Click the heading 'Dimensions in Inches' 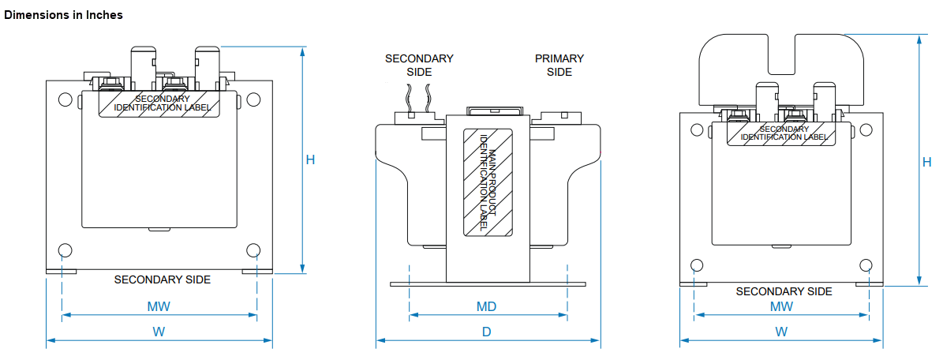pyautogui.click(x=63, y=15)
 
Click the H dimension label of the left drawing pyautogui.click(x=310, y=159)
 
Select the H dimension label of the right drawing pyautogui.click(x=926, y=161)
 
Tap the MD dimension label pyautogui.click(x=487, y=306)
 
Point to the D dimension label pyautogui.click(x=487, y=331)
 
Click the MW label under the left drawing pyautogui.click(x=159, y=306)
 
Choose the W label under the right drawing pyautogui.click(x=780, y=331)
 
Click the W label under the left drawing pyautogui.click(x=159, y=331)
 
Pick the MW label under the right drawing pyautogui.click(x=781, y=306)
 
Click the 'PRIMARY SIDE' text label pyautogui.click(x=559, y=65)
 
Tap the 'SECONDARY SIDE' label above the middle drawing pyautogui.click(x=419, y=65)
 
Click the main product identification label pyautogui.click(x=487, y=182)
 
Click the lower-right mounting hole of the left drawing pyautogui.click(x=253, y=249)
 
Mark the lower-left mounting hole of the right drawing pyautogui.click(x=697, y=265)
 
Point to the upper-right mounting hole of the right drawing pyautogui.click(x=866, y=129)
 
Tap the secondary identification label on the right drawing pyautogui.click(x=784, y=133)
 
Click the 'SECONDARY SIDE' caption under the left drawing pyautogui.click(x=163, y=279)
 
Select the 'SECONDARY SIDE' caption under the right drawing pyautogui.click(x=784, y=291)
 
